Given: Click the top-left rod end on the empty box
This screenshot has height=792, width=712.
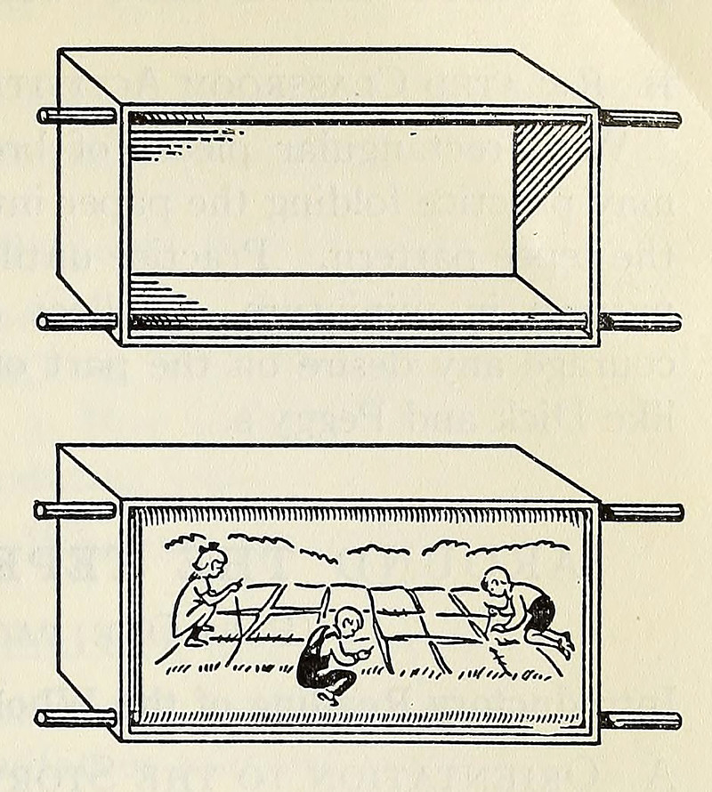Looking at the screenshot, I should pos(43,116).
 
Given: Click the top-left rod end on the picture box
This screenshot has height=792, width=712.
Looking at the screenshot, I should pos(40,510).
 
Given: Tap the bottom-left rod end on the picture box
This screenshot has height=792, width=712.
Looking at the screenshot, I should pos(41,717).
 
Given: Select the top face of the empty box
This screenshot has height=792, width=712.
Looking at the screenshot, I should pos(329,78).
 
